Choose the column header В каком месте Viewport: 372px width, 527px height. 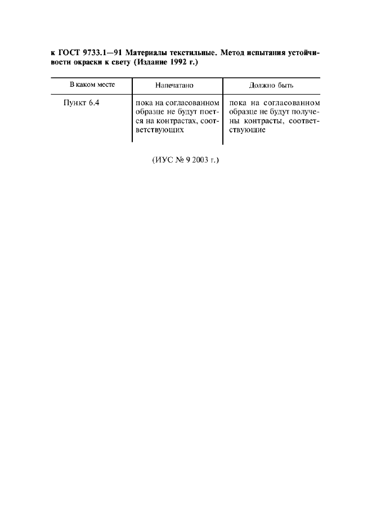(x=92, y=85)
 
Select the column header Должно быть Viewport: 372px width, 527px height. (x=271, y=86)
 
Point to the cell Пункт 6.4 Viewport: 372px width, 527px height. (x=82, y=104)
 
